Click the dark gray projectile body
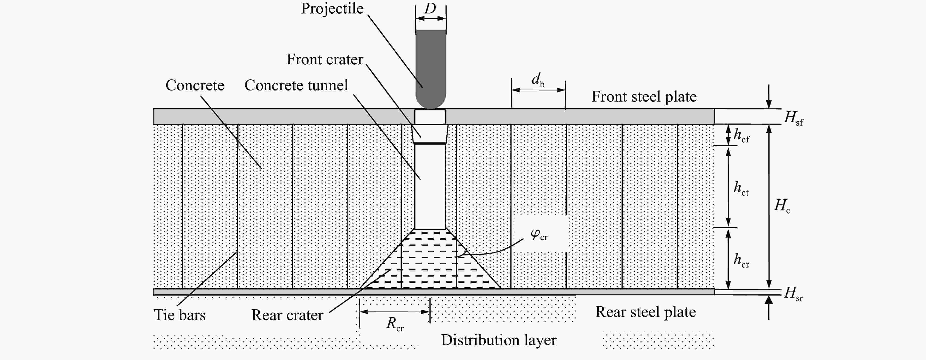[431, 68]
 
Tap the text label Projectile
[332, 8]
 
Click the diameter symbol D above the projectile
[430, 8]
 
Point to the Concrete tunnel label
[296, 85]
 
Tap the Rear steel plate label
[646, 312]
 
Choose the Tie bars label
[180, 315]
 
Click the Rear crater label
[287, 315]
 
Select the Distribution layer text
[499, 340]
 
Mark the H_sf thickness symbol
[793, 118]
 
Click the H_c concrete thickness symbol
[782, 206]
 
